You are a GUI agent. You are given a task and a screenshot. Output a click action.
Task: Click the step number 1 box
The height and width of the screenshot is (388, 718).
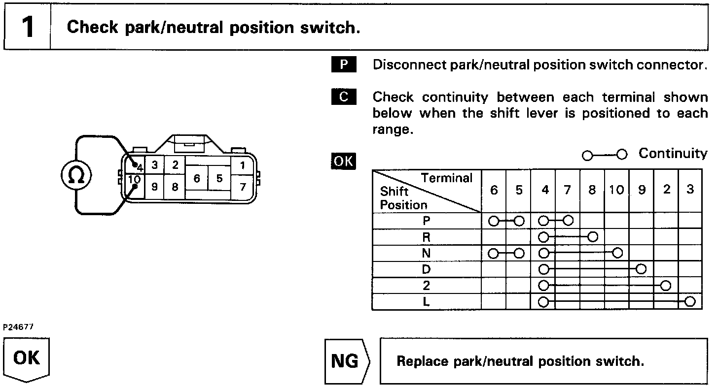coord(28,27)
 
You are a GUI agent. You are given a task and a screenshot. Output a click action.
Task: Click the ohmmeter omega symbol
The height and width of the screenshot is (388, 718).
coord(76,175)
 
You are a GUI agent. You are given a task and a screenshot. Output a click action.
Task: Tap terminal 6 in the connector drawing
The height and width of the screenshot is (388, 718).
coord(197,178)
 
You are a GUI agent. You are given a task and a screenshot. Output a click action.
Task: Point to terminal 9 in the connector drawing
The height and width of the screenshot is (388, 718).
coord(154,187)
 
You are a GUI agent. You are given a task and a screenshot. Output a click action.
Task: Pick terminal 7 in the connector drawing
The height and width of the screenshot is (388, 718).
coord(242,187)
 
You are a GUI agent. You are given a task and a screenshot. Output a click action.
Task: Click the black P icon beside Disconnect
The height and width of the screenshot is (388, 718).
coord(344,65)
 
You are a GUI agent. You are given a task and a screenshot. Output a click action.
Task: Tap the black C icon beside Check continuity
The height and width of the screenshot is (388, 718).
coord(344,97)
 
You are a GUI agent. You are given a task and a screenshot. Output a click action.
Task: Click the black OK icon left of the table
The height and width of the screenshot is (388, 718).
coord(344,161)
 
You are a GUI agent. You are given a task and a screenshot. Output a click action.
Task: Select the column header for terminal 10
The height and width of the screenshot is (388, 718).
coord(616,190)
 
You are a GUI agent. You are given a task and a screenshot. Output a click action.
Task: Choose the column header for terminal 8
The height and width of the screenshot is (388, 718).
coord(592,190)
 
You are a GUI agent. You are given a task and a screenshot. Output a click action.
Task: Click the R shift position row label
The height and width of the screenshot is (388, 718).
coord(427,237)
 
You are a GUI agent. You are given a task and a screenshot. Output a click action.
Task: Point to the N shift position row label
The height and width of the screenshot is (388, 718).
coord(427,254)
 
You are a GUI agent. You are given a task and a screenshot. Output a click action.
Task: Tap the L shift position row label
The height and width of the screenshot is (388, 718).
coord(427,301)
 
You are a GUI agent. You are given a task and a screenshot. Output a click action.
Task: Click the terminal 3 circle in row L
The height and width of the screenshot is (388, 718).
coord(690,301)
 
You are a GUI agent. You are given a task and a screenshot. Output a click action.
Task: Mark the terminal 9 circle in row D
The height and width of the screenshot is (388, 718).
coord(641,269)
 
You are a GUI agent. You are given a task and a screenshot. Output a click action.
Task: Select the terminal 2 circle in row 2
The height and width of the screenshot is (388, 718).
coord(666,286)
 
